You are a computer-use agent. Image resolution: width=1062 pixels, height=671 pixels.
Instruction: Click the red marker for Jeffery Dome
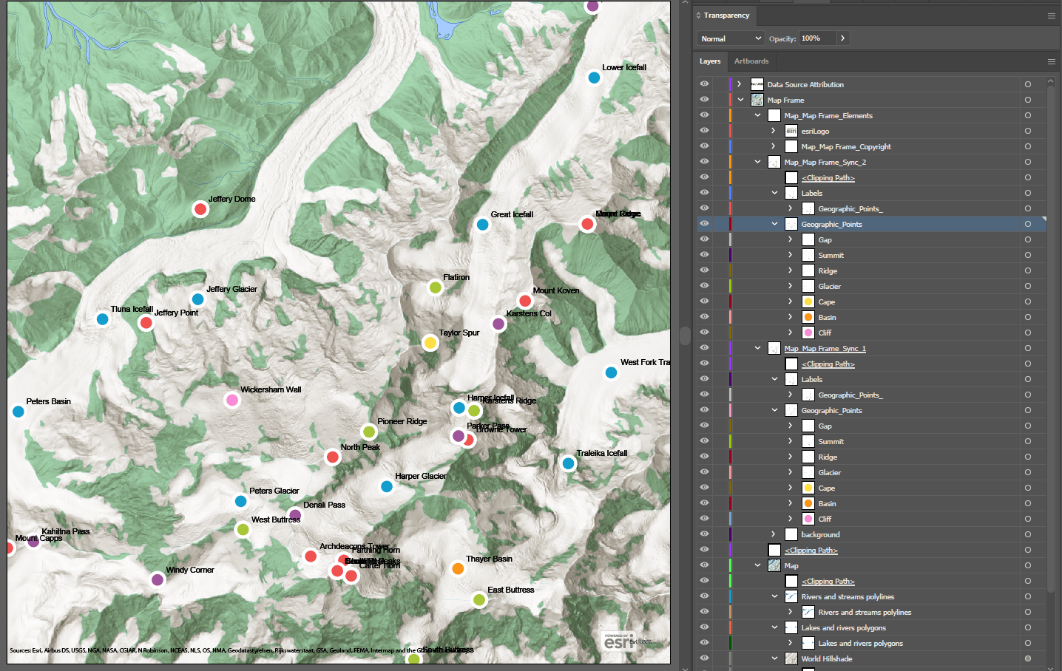[x=200, y=209]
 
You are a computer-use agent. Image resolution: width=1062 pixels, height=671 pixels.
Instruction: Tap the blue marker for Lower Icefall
[x=594, y=78]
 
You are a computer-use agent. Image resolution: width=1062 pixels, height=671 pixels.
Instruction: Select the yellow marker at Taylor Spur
[x=430, y=343]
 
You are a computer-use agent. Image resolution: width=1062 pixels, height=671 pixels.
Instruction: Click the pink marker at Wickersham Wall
[x=232, y=401]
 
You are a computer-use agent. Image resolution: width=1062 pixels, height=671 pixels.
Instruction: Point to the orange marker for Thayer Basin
[x=458, y=568]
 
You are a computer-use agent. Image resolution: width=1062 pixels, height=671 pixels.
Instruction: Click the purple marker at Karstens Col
[x=498, y=324]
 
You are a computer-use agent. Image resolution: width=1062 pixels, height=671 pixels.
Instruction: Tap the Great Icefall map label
[x=512, y=214]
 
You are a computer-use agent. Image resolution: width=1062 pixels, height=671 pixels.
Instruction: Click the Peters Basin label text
[x=49, y=401]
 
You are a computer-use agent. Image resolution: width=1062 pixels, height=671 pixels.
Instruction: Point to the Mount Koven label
[x=556, y=290]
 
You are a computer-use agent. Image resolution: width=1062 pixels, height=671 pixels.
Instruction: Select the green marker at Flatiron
[x=436, y=287]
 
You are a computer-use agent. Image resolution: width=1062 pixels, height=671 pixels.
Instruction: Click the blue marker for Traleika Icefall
[x=568, y=463]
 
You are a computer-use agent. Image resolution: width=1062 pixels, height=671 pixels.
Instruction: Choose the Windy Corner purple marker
[x=157, y=579]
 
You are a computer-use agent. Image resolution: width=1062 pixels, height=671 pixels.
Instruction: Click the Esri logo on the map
[x=619, y=641]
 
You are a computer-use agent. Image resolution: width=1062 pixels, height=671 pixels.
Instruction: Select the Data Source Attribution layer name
[x=805, y=85]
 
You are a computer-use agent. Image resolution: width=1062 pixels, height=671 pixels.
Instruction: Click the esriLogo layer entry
[x=815, y=132]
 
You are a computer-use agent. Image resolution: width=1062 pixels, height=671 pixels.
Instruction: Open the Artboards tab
[x=751, y=61]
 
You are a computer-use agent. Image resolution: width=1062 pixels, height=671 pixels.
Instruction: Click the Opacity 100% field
[x=817, y=38]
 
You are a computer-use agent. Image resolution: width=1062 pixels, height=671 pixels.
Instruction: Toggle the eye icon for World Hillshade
[x=704, y=658]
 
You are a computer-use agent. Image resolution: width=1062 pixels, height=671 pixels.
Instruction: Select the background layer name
[x=820, y=535]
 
